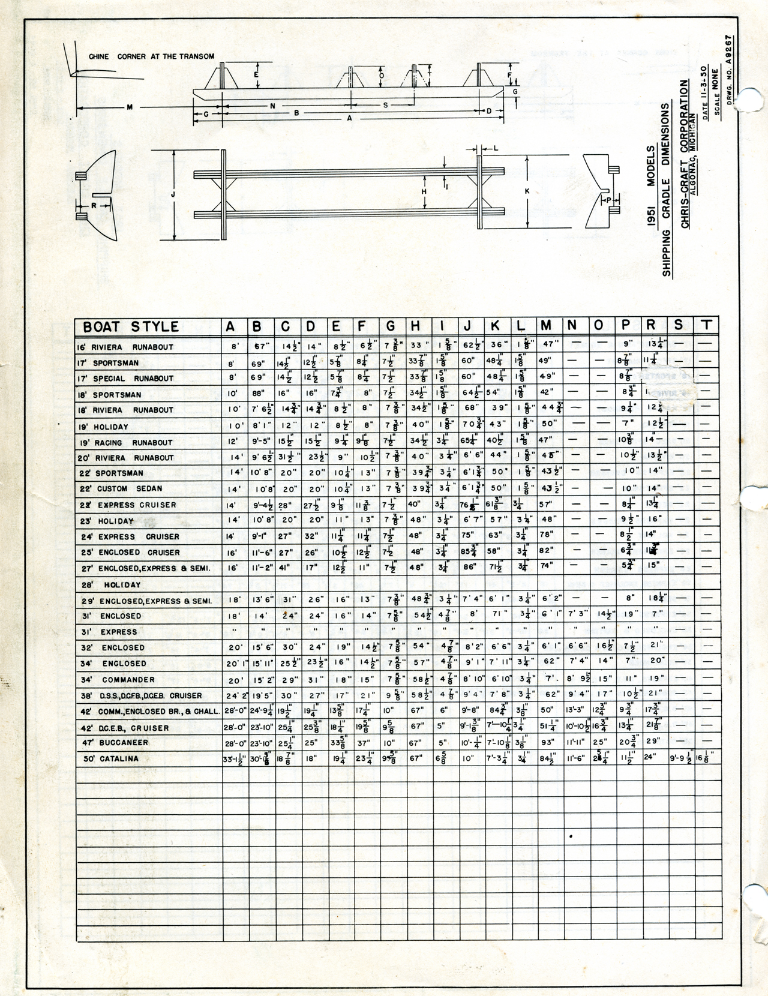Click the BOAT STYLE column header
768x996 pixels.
coord(131,326)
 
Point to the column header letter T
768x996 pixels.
coord(707,325)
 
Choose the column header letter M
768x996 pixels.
coord(546,326)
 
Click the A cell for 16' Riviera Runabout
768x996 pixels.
coord(235,347)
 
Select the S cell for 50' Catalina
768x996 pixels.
coord(680,758)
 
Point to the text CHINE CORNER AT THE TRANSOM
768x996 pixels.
coord(151,56)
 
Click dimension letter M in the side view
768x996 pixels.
coord(130,107)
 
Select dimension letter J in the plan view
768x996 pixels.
coord(173,194)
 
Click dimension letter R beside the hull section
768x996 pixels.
coord(94,205)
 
